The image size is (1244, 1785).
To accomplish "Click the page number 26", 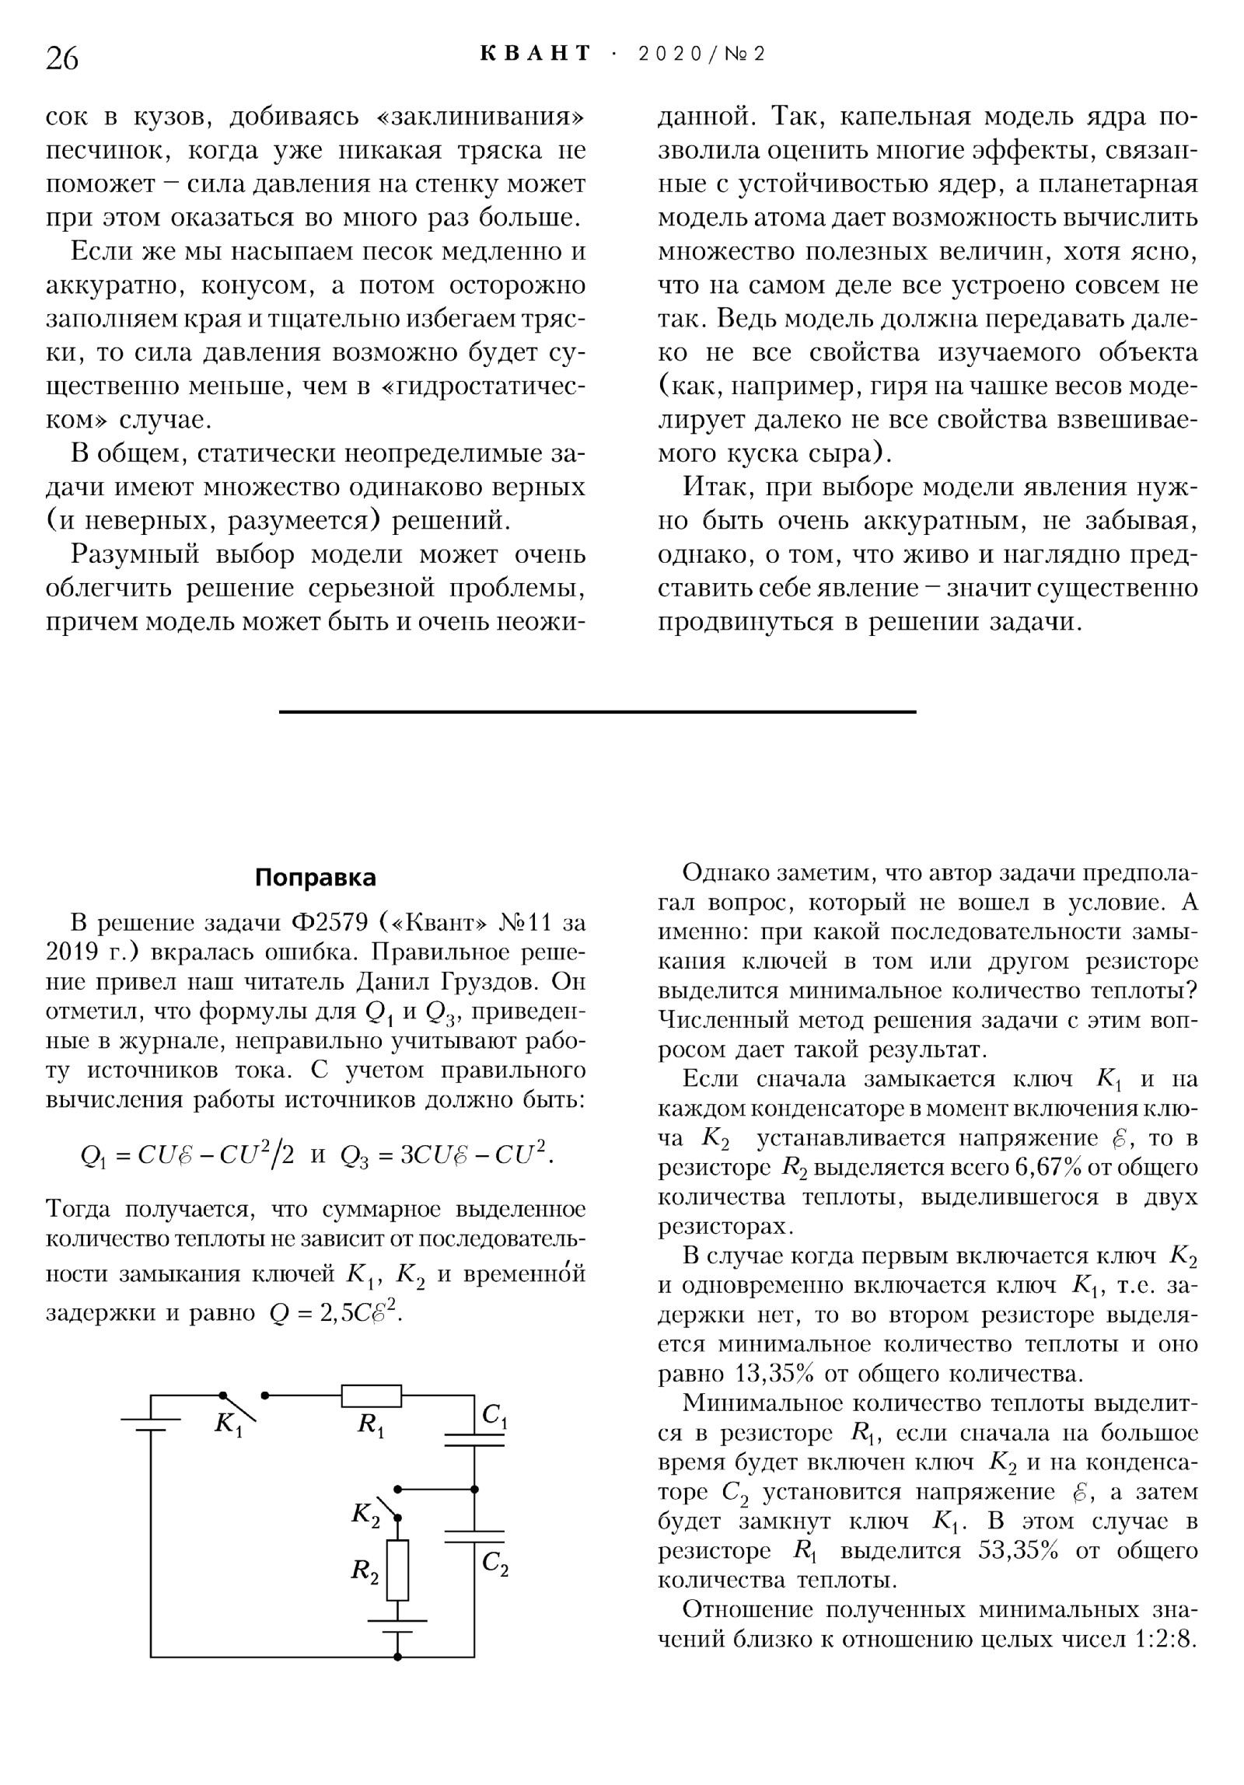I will click(62, 58).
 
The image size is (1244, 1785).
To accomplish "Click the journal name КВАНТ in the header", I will click(536, 54).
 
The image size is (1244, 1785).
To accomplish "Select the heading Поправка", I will click(315, 878).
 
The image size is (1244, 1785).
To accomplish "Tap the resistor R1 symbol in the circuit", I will click(371, 1396).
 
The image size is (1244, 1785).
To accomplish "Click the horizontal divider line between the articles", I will click(597, 711).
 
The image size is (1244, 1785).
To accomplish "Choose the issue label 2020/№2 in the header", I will click(701, 54).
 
